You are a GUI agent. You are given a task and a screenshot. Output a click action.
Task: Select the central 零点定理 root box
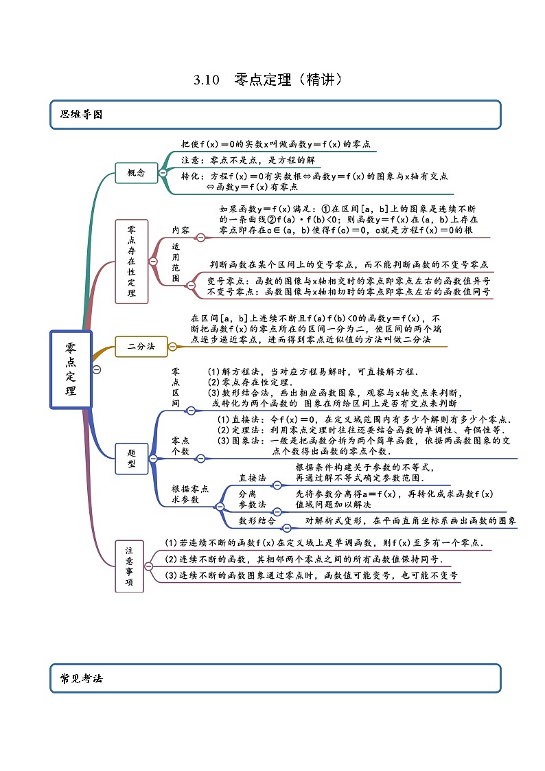tap(71, 369)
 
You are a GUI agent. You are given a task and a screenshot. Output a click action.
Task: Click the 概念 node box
tap(136, 173)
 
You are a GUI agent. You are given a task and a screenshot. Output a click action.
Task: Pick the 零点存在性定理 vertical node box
tap(132, 261)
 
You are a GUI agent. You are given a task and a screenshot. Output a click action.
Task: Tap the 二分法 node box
tap(141, 346)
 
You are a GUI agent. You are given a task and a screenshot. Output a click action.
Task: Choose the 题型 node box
tap(132, 458)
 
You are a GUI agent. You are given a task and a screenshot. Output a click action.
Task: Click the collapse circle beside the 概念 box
tap(163, 173)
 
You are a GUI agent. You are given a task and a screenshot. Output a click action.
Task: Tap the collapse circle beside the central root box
tap(96, 369)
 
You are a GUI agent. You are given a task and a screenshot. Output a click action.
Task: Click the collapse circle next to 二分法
tap(172, 347)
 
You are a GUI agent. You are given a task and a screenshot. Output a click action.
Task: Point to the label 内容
tap(181, 230)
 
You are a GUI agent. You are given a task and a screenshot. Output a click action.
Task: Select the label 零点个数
tap(181, 445)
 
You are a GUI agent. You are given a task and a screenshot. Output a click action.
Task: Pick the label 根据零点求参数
tap(189, 494)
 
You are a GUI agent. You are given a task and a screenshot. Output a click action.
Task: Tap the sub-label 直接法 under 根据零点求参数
tap(252, 477)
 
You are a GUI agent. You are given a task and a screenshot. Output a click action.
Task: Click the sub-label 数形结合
tap(257, 521)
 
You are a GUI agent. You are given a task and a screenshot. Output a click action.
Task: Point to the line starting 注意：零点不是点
tap(248, 160)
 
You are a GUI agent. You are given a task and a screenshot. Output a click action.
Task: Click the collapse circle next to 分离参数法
tap(276, 511)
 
